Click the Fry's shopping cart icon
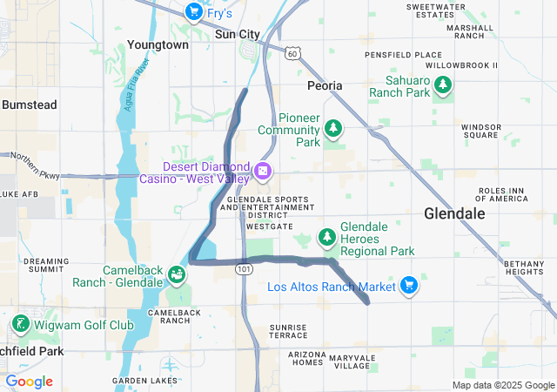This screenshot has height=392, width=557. (x=193, y=12)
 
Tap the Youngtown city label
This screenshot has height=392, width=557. (x=158, y=44)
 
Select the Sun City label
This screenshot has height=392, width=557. (x=238, y=34)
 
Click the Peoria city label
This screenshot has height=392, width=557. (x=325, y=85)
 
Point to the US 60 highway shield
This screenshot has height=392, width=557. (x=292, y=54)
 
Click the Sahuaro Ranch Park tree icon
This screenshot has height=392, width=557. (x=444, y=84)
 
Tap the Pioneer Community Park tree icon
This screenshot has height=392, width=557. (x=332, y=130)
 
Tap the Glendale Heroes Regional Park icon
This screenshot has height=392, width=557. (x=326, y=236)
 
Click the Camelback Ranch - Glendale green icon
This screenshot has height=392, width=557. (x=177, y=275)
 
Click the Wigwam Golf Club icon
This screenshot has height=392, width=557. (x=19, y=325)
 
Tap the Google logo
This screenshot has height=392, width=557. (x=29, y=382)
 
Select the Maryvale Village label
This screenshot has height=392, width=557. (x=352, y=362)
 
